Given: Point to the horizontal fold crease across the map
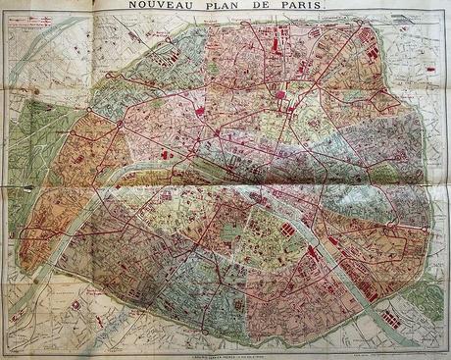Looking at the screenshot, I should coord(225,182).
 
